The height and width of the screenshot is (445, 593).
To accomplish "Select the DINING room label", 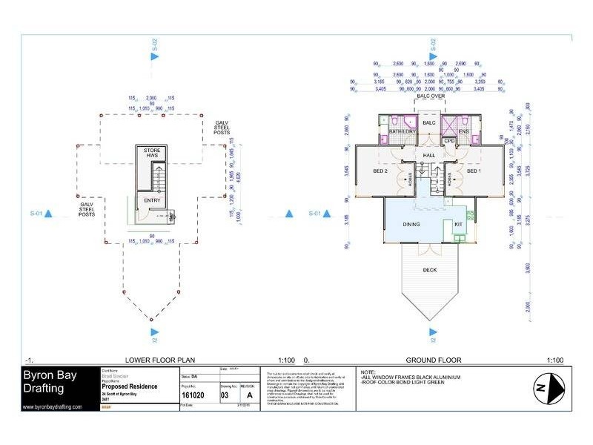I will tap(411, 224).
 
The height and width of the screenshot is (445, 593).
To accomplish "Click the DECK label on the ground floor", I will tap(429, 270).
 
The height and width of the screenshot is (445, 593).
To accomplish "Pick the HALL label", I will tap(428, 154).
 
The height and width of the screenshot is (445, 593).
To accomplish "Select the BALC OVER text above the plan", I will tap(429, 96).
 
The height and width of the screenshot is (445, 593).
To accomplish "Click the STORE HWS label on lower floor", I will tap(152, 154).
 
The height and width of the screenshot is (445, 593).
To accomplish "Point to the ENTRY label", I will tap(152, 200).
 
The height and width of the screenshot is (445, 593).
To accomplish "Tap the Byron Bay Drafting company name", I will tap(49, 382).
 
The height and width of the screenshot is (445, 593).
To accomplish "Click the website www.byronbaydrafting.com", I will tap(53, 407).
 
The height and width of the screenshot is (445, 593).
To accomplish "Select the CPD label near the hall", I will tap(448, 140).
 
